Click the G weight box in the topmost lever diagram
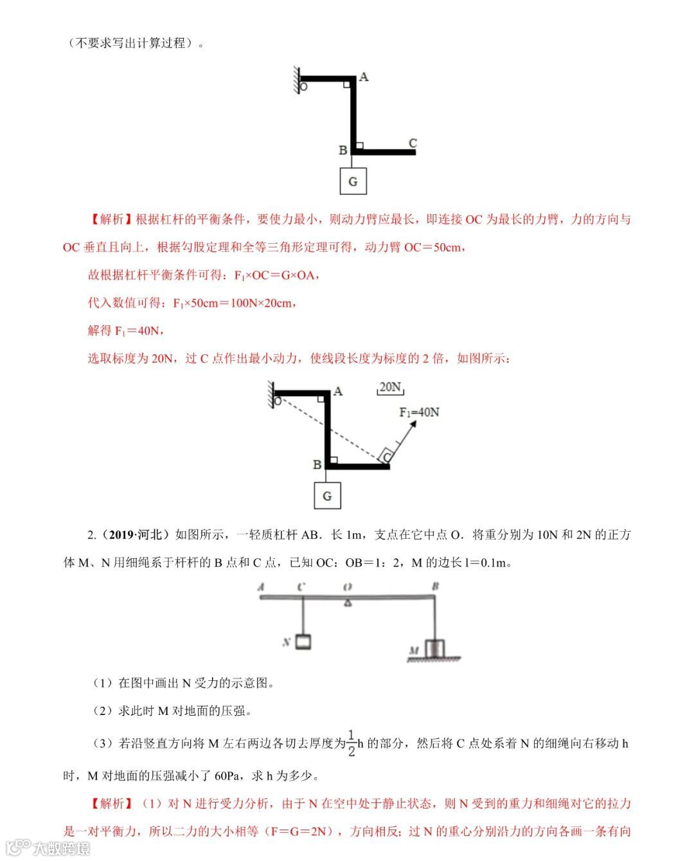[x=353, y=181]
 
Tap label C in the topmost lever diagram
[x=413, y=143]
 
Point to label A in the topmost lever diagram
[x=364, y=77]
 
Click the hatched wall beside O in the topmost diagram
[x=298, y=80]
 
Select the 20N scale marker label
[x=390, y=387]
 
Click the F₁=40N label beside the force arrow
[x=419, y=412]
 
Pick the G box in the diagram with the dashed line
[x=327, y=496]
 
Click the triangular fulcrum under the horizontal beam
[x=348, y=603]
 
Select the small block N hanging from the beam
[x=303, y=641]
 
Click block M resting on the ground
[x=435, y=648]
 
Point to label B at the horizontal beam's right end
[x=435, y=586]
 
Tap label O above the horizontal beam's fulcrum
[x=347, y=586]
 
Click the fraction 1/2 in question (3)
[x=351, y=743]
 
